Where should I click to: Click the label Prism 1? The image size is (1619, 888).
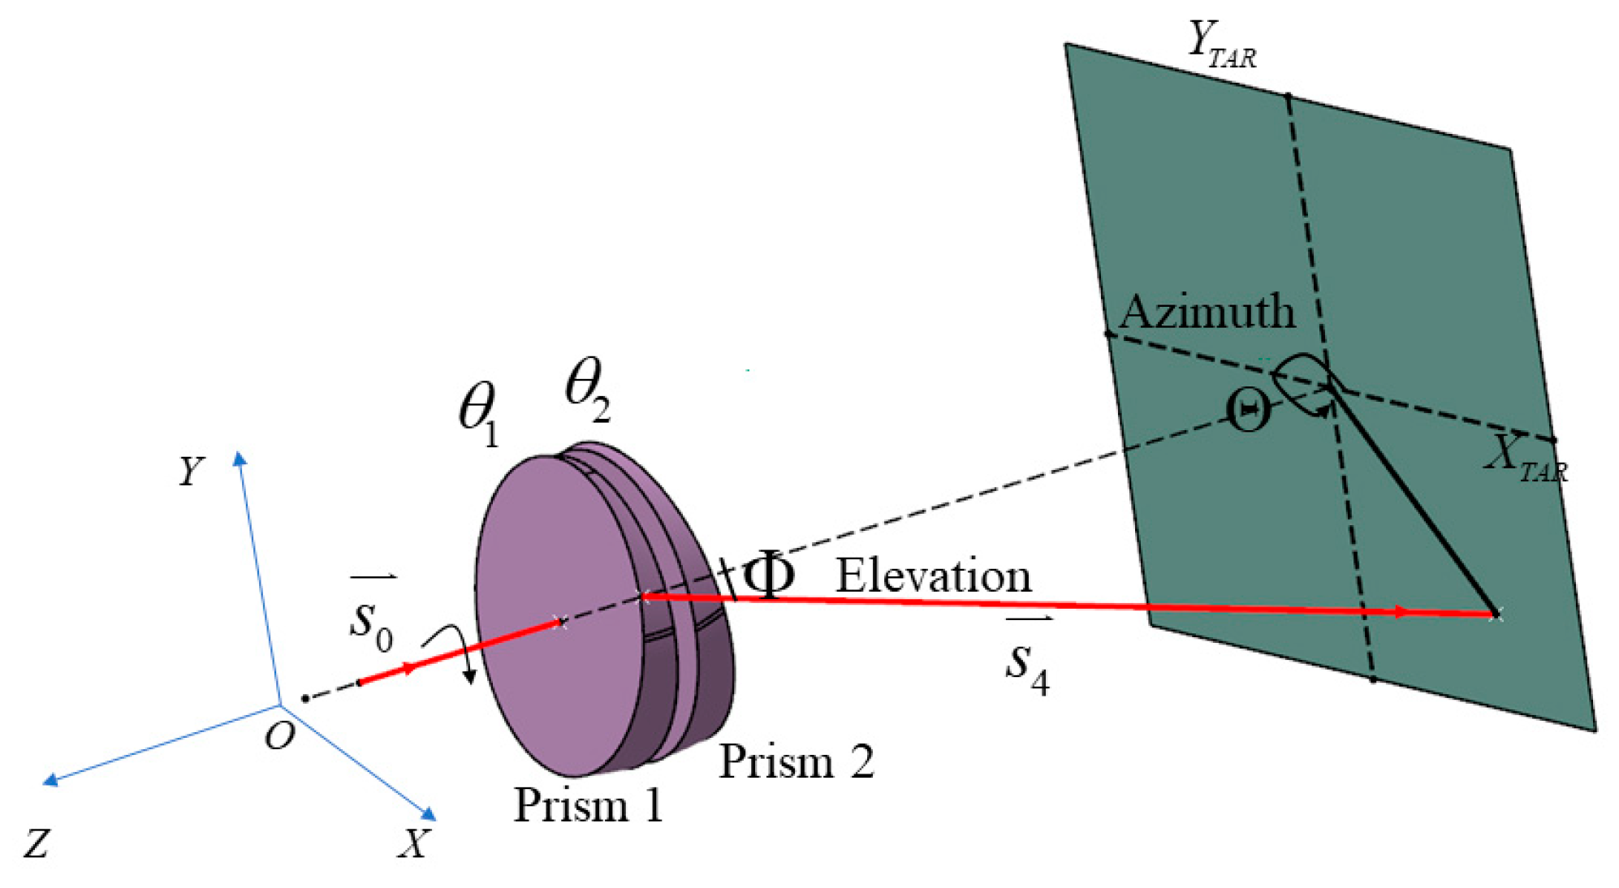pyautogui.click(x=588, y=805)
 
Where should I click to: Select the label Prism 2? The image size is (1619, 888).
pyautogui.click(x=796, y=761)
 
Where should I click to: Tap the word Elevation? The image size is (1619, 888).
pyautogui.click(x=934, y=576)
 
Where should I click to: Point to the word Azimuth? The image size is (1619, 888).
pyautogui.click(x=1207, y=312)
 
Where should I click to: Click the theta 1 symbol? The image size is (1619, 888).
pyautogui.click(x=479, y=412)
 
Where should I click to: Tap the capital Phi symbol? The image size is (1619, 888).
pyautogui.click(x=768, y=575)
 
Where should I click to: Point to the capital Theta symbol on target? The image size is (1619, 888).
pyautogui.click(x=1248, y=412)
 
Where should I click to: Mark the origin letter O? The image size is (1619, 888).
pyautogui.click(x=280, y=736)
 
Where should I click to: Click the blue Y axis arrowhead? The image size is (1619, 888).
pyautogui.click(x=240, y=459)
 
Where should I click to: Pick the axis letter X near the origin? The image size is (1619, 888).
pyautogui.click(x=413, y=843)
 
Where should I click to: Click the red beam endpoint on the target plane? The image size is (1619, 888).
pyautogui.click(x=1495, y=614)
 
